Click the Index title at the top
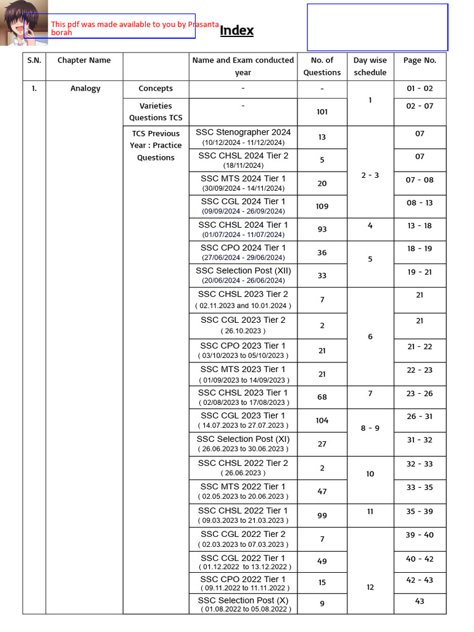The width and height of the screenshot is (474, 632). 237,31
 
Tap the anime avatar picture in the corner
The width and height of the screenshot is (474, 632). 23,23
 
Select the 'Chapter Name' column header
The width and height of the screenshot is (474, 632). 84,60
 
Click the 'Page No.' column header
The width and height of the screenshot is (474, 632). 420,60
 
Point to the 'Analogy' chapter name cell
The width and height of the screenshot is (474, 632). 85,89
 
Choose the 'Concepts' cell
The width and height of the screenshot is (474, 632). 156,89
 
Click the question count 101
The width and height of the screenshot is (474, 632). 322,112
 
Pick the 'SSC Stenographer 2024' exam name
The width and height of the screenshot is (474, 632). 243,132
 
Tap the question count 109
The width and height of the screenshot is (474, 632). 322,206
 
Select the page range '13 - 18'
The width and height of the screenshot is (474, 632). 420,226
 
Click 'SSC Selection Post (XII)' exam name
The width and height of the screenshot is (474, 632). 243,271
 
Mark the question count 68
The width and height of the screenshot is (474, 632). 322,397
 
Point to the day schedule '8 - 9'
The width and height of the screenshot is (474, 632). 370,428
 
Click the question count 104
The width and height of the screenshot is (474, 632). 322,420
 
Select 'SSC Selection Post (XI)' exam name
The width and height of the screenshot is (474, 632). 243,439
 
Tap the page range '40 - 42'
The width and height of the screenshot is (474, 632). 420,559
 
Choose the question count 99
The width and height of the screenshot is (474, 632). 322,515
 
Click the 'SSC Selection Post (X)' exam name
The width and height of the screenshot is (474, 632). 243,601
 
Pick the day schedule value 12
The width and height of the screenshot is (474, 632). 370,588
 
